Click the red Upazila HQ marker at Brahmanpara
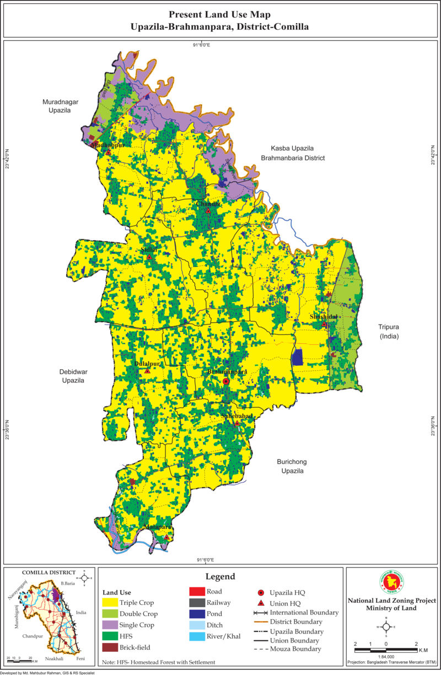(226, 382)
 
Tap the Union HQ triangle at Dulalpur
(147, 371)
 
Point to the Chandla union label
(209, 203)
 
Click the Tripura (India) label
(389, 331)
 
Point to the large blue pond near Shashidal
(298, 357)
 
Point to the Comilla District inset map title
(49, 573)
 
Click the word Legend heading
(220, 576)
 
